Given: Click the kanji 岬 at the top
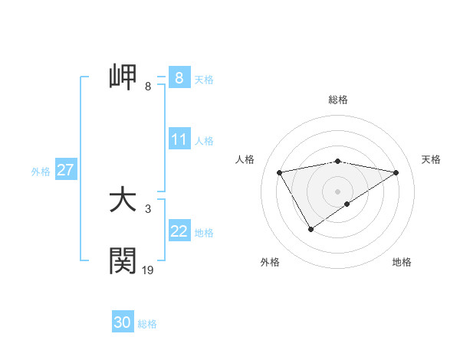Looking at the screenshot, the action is pyautogui.click(x=123, y=78).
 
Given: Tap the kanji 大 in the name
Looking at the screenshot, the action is pyautogui.click(x=123, y=201).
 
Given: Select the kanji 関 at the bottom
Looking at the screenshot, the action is pyautogui.click(x=123, y=260).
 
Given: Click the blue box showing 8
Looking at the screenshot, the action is pyautogui.click(x=179, y=78).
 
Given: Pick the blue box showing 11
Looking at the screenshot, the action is pyautogui.click(x=179, y=140).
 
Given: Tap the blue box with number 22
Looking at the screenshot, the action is pyautogui.click(x=179, y=231).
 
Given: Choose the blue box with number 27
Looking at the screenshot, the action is pyautogui.click(x=66, y=170).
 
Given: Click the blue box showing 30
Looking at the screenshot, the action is pyautogui.click(x=123, y=322).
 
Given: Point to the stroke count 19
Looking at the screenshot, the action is pyautogui.click(x=148, y=270).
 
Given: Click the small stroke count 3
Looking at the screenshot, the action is pyautogui.click(x=147, y=208).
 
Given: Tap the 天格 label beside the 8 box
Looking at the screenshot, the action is pyautogui.click(x=204, y=79).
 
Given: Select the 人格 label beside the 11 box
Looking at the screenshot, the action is pyautogui.click(x=204, y=141).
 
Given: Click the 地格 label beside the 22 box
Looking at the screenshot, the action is pyautogui.click(x=204, y=232).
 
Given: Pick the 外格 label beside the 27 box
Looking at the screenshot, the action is pyautogui.click(x=41, y=172).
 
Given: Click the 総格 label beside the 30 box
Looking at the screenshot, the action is pyautogui.click(x=147, y=324).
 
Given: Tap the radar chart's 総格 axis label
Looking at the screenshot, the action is pyautogui.click(x=338, y=100).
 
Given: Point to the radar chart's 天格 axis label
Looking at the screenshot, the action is pyautogui.click(x=431, y=159).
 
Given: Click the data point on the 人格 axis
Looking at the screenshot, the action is pyautogui.click(x=280, y=172).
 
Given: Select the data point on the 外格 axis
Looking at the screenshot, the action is pyautogui.click(x=310, y=228).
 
